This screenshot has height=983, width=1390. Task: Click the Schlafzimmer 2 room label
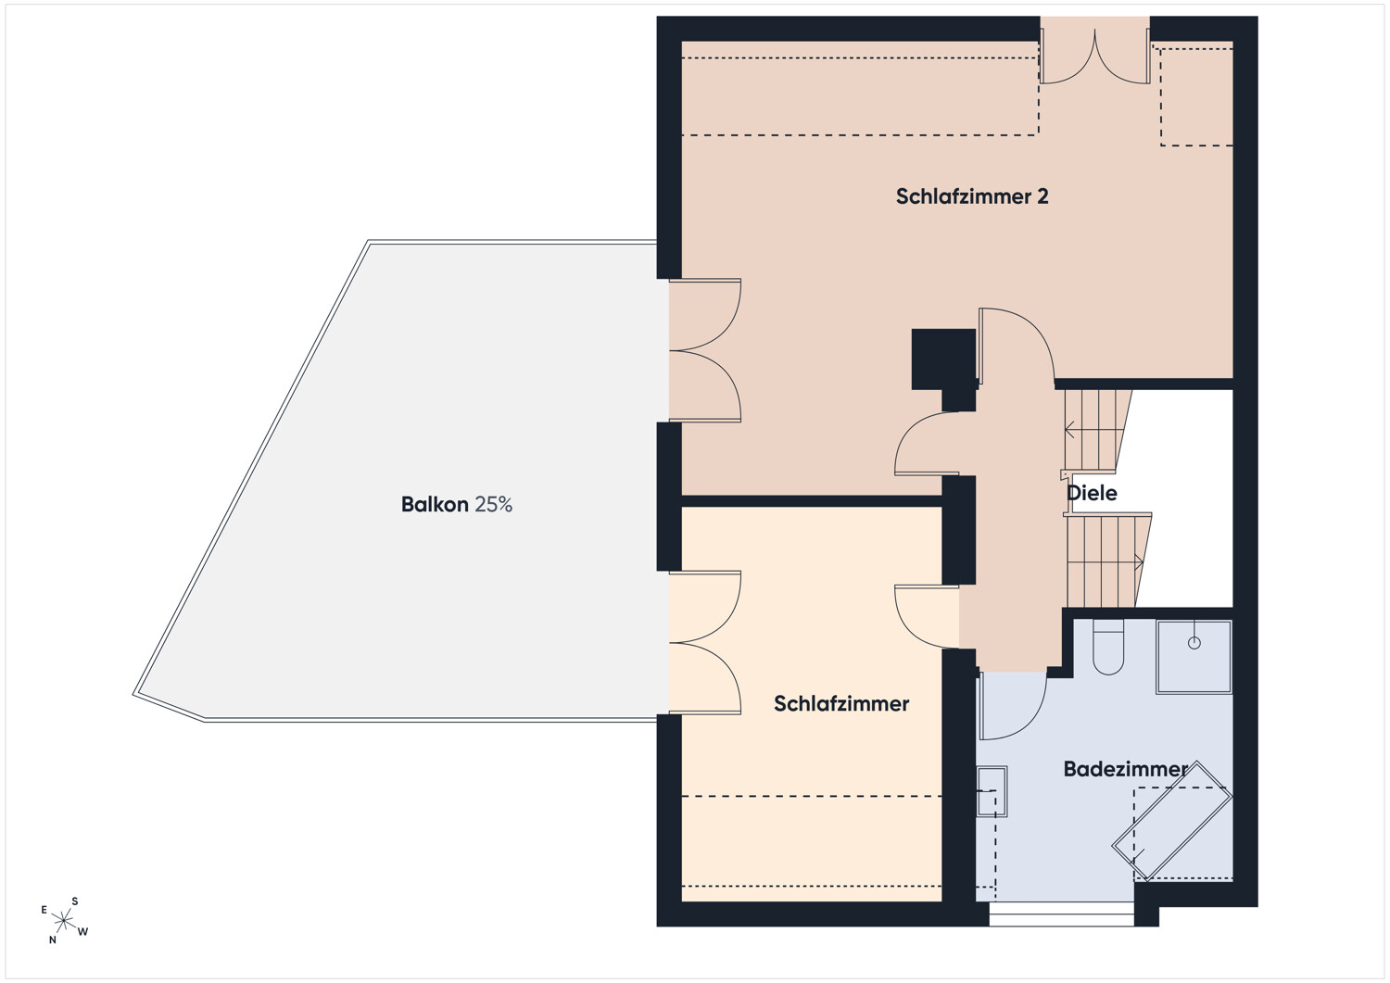click(x=972, y=196)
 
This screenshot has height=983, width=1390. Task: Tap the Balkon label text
click(x=435, y=504)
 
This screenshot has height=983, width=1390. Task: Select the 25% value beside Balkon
click(x=494, y=504)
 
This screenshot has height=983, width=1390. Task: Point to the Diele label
click(x=1092, y=493)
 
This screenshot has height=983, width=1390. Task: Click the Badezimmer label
click(x=1126, y=769)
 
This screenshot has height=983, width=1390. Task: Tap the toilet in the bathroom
click(x=1108, y=647)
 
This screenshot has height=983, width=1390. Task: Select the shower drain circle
click(x=1194, y=643)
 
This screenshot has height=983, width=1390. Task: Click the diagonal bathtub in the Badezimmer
click(x=1171, y=821)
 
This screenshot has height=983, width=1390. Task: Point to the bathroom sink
click(x=992, y=791)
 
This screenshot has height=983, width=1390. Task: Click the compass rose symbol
click(x=63, y=920)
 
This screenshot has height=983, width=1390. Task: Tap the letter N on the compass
click(x=53, y=939)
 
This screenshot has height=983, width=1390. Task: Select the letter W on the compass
click(x=82, y=931)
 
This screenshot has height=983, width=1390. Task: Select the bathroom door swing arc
click(x=1027, y=720)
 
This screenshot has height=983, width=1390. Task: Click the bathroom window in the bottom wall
click(x=1062, y=914)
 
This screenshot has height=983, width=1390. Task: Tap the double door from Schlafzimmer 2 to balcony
click(x=705, y=350)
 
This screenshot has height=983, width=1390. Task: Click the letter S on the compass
click(x=75, y=901)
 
